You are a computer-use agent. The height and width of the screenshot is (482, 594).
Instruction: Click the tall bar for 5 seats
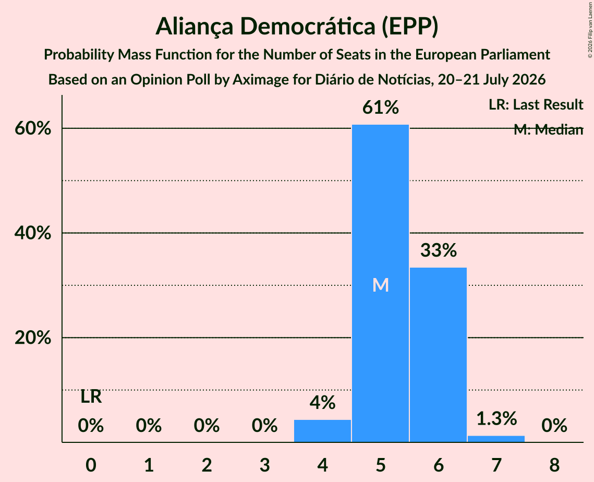pos(380,283)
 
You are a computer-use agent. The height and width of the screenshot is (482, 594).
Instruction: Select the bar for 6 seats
pos(438,355)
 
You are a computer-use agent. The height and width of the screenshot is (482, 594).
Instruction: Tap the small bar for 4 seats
pos(322,431)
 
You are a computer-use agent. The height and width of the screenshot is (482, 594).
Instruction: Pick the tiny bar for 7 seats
pos(496,439)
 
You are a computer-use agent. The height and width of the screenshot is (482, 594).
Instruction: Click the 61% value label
pos(380,107)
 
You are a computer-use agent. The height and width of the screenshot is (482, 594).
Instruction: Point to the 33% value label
pos(438,250)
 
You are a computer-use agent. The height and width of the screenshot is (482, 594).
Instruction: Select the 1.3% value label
pos(496,419)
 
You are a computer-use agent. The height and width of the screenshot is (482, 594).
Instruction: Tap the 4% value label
pos(322,403)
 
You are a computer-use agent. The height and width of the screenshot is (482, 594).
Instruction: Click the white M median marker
pos(380,285)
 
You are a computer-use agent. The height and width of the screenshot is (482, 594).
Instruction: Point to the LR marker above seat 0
pos(91,397)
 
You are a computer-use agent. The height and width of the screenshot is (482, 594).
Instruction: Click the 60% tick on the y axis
pos(32,128)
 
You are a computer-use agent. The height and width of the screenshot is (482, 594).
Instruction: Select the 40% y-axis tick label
pos(32,233)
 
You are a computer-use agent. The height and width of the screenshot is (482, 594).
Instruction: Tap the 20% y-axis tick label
pos(32,338)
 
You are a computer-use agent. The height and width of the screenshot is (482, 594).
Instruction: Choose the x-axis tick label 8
pos(554,465)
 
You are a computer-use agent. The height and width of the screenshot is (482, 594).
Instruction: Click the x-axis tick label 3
pos(264,465)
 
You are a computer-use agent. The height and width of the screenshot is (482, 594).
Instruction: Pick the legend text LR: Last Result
pos(536,104)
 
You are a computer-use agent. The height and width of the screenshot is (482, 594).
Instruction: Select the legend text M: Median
pos(548,129)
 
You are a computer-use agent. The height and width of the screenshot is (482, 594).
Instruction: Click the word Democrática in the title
pos(307,27)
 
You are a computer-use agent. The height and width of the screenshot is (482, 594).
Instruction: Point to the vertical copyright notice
pos(590,30)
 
